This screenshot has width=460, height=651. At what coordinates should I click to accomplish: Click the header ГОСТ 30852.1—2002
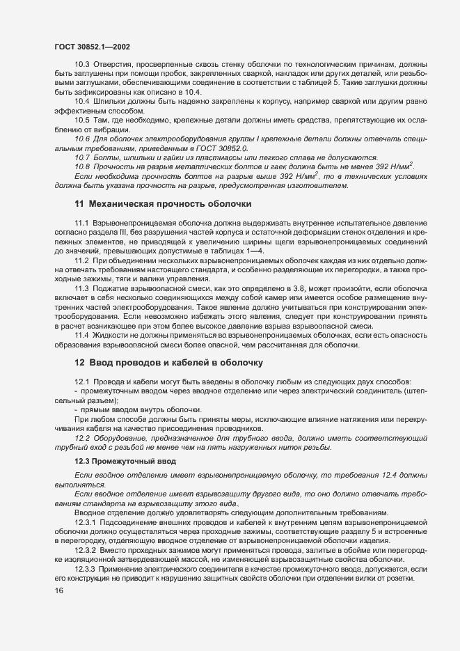tap(92, 47)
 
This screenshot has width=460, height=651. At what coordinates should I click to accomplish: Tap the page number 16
tap(58, 590)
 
